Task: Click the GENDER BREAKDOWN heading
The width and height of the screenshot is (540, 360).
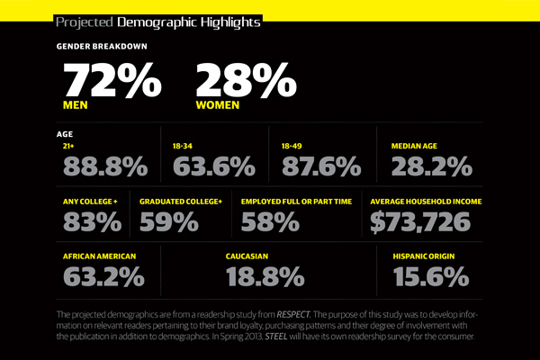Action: coord(102,46)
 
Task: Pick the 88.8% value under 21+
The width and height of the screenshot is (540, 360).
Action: coord(104,166)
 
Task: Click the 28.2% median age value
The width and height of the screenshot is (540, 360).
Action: coord(431,166)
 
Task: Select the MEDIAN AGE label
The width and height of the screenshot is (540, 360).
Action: coord(418,144)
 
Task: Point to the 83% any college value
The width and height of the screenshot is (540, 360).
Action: coord(91,220)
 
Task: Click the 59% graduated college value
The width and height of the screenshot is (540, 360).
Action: coord(168,220)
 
